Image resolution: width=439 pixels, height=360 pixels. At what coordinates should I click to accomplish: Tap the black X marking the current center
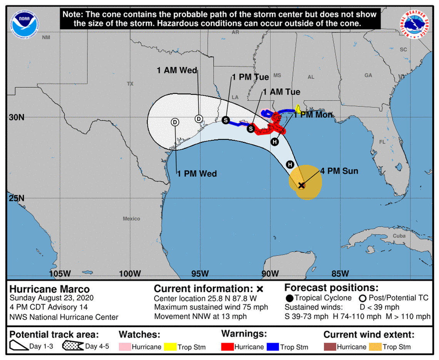coord(302,185)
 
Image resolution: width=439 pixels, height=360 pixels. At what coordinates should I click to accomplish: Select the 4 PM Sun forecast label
coord(339,171)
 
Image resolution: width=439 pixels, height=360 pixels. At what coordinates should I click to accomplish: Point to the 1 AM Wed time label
coord(177,70)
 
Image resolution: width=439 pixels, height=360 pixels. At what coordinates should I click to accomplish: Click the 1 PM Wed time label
coord(197,174)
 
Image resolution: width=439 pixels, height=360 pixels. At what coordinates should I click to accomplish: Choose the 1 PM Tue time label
coord(250,77)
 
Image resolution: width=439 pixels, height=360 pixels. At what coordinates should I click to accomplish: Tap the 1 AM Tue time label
coord(281,92)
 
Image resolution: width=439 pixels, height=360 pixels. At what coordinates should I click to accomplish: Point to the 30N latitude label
coord(17,117)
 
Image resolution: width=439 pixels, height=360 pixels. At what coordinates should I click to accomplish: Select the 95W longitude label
coord(200,273)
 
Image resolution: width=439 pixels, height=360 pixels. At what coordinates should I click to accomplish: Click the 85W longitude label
coord(340,273)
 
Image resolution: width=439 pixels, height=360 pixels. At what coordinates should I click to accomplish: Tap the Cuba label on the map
coord(399,236)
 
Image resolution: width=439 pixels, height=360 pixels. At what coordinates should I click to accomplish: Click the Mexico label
coord(131,219)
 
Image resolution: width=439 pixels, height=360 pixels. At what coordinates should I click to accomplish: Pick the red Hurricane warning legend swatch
coord(228,347)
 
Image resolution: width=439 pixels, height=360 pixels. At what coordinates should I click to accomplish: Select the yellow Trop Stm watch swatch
coord(171,347)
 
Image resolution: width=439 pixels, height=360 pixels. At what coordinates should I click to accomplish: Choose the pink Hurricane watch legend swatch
coord(125,347)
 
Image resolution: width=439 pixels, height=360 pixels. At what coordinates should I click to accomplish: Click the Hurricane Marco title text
coord(49,289)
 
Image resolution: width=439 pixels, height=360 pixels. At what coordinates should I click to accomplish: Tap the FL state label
coord(382,142)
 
